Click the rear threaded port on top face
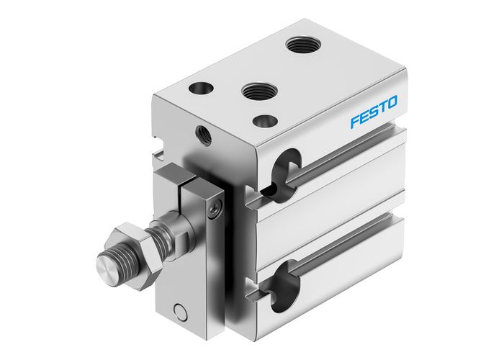[x=302, y=45]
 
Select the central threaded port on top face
[x=256, y=91]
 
